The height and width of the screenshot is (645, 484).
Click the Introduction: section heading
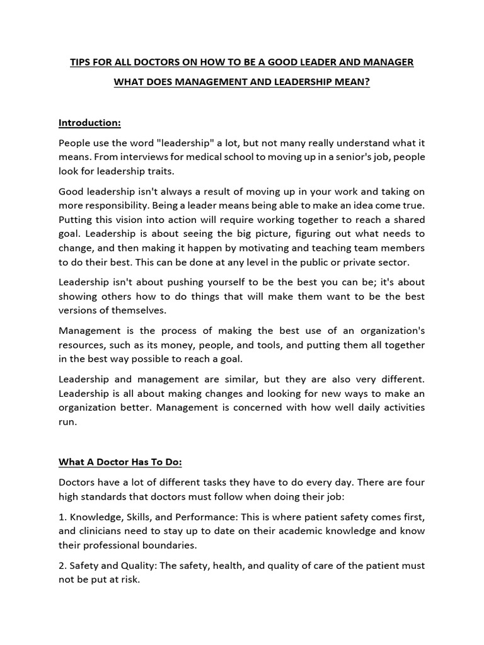[x=89, y=122]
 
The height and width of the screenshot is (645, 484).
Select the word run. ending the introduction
[x=67, y=423]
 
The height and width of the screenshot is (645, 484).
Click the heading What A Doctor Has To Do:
[x=120, y=462]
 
